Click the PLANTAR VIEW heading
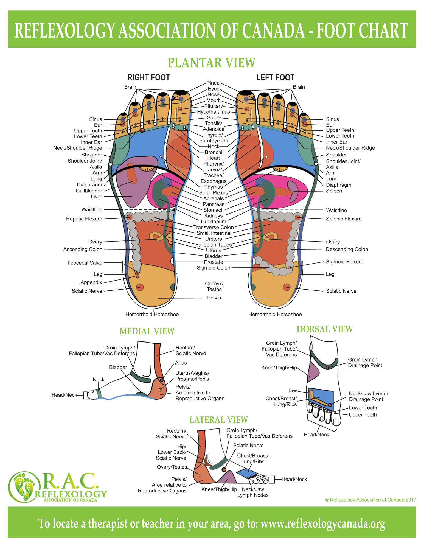pos(211,63)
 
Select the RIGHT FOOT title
pos(149,77)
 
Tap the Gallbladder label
pos(89,191)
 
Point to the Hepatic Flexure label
pos(84,219)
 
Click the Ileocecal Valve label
pos(85,263)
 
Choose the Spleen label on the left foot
pos(334,191)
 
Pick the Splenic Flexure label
pos(344,219)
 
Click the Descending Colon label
pos(347,249)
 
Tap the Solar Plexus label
pos(214,193)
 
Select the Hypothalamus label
pos(214,112)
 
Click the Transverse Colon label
pos(214,227)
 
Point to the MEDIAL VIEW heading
pos(147,331)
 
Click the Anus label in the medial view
pos(181,363)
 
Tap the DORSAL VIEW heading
pos(325,329)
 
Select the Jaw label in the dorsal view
pos(292,391)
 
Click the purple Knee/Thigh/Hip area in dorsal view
pos(313,372)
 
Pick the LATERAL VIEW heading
pos(219,420)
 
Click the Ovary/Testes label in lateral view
pos(172,467)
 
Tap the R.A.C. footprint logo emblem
pos(24,487)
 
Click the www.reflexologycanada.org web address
pos(323,523)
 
